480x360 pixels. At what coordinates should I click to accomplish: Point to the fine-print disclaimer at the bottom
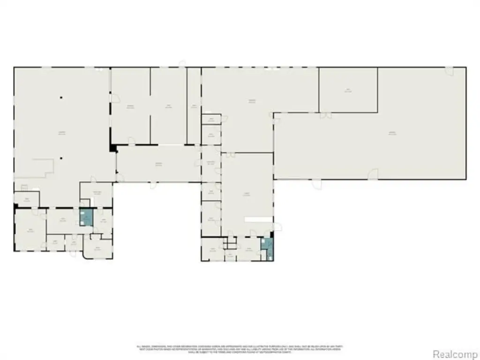pos(240,348)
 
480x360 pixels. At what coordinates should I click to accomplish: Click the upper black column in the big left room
pos(61,97)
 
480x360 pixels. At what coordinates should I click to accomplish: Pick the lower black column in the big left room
pos(61,158)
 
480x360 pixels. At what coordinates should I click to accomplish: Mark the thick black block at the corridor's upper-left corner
pos(113,148)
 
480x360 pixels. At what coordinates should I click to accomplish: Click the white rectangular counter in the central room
pos(257,219)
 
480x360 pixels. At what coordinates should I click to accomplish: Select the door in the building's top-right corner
pos(450,71)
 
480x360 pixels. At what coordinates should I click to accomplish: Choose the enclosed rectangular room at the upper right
pos(348,90)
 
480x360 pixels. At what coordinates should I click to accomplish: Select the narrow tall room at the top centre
pos(194,106)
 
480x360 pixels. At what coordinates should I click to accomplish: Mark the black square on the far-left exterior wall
pos(15,206)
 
